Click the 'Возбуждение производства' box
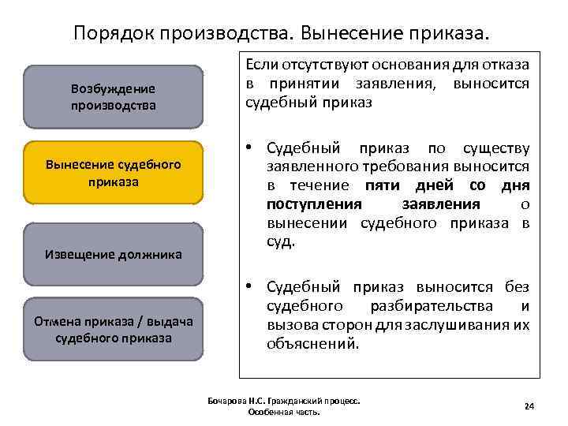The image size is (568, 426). point(113,96)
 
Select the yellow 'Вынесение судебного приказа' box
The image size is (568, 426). point(113,173)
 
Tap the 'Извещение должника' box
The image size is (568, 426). point(113,254)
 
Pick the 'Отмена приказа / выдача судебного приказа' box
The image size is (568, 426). point(113,329)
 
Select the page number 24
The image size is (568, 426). point(529,405)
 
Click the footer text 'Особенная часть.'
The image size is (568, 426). point(283,413)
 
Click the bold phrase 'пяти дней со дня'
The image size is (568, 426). point(447,185)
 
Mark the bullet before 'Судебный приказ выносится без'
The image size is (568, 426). point(249,287)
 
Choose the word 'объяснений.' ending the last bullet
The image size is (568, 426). point(313,344)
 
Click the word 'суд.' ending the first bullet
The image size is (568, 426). point(281,242)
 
